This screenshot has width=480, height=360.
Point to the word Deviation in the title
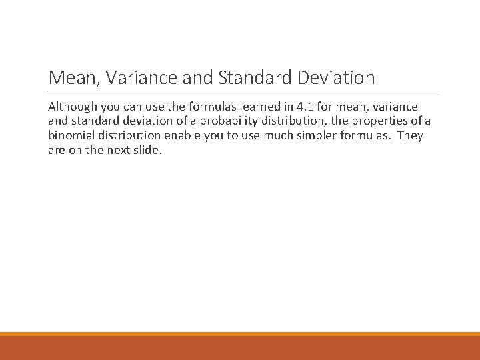tap(336, 78)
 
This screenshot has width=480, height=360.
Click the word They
tap(409, 136)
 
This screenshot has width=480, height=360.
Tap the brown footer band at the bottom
tap(240, 348)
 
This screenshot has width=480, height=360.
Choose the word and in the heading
tap(196, 78)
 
